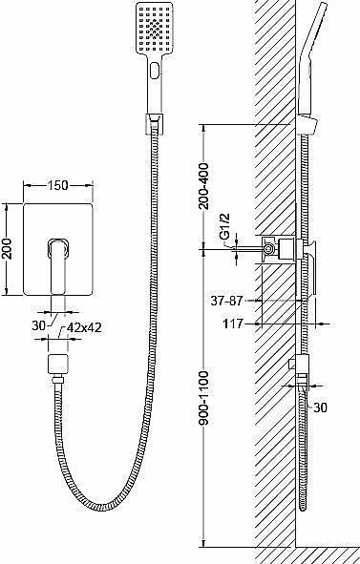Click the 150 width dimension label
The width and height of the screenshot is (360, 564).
point(57,185)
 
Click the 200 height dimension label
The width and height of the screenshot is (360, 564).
point(8,249)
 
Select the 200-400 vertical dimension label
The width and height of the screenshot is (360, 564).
point(203,186)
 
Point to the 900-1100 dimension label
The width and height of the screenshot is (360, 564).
point(203,398)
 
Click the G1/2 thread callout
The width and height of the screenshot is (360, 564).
point(225,226)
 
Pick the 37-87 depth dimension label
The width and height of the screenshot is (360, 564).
point(226,301)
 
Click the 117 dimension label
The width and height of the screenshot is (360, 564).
point(233,324)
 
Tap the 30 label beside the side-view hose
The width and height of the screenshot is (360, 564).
point(320,407)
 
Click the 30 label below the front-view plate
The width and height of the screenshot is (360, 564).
point(39,325)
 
